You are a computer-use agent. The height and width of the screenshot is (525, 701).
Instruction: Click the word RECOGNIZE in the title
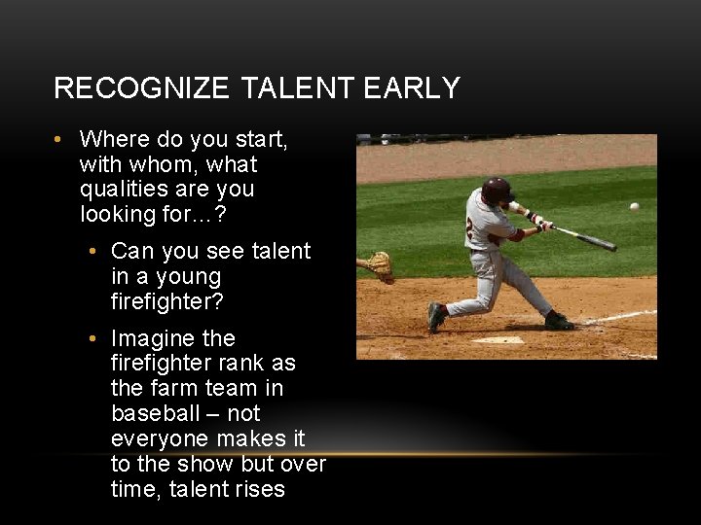coord(142,88)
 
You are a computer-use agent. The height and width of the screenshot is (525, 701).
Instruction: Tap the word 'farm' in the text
coord(179,388)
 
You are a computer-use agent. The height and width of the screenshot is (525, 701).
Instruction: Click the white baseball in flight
coord(635,206)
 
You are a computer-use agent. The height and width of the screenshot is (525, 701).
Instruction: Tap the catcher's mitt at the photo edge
coord(380,265)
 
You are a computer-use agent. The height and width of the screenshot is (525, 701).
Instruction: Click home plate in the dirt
coord(498,339)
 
